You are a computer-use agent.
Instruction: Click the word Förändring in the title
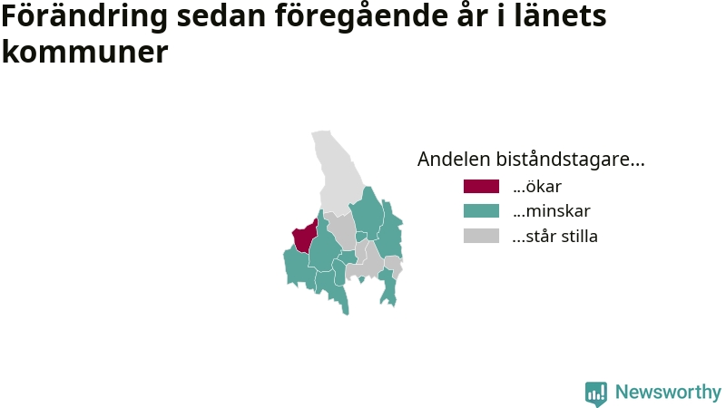84,16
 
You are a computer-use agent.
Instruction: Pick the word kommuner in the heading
84,51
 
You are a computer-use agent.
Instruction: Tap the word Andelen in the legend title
454,160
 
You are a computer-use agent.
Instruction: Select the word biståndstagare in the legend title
571,160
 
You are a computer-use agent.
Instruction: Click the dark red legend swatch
482,187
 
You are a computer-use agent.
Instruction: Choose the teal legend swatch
482,211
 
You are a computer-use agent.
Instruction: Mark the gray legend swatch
482,236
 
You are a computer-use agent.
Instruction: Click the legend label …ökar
537,187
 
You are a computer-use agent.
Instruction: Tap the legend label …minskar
552,211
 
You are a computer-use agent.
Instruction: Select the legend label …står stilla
555,236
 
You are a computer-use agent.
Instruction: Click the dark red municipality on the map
305,236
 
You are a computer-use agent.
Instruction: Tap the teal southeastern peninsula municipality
388,287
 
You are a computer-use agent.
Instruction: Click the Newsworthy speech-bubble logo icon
596,393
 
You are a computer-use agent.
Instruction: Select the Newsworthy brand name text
668,393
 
